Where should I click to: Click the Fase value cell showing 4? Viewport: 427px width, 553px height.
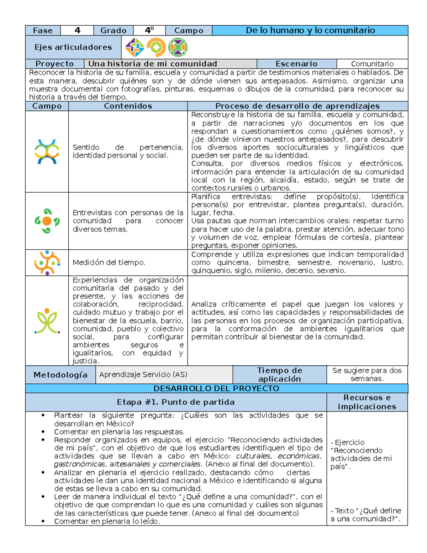(77, 31)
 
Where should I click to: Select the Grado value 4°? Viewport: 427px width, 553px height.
(149, 31)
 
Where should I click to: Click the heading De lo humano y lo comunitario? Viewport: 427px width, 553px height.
(310, 31)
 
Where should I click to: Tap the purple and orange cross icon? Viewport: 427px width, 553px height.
(135, 47)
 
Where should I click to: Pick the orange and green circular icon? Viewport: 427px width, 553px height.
(156, 47)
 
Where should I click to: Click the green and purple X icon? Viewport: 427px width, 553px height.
(178, 47)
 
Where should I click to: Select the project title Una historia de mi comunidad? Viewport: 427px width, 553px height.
(153, 64)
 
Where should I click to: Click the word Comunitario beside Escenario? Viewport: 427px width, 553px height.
(372, 64)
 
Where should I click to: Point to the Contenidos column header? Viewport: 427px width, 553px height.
(128, 106)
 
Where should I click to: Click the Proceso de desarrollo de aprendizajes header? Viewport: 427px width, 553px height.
(297, 106)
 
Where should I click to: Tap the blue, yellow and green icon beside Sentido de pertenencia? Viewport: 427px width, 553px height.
(47, 152)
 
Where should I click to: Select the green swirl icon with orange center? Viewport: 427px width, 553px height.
(47, 221)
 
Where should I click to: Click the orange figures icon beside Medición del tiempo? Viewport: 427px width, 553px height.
(47, 263)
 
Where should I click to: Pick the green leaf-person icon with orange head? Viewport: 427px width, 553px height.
(47, 321)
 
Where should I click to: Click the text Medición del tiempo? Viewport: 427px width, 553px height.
(109, 262)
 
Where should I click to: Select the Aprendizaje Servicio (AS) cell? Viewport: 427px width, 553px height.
(143, 375)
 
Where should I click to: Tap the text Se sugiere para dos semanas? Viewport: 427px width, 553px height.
(367, 375)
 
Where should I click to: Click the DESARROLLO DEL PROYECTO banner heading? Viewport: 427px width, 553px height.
(216, 388)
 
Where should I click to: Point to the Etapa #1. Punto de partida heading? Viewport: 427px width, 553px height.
(176, 402)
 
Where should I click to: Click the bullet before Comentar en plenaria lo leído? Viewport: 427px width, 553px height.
(43, 521)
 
